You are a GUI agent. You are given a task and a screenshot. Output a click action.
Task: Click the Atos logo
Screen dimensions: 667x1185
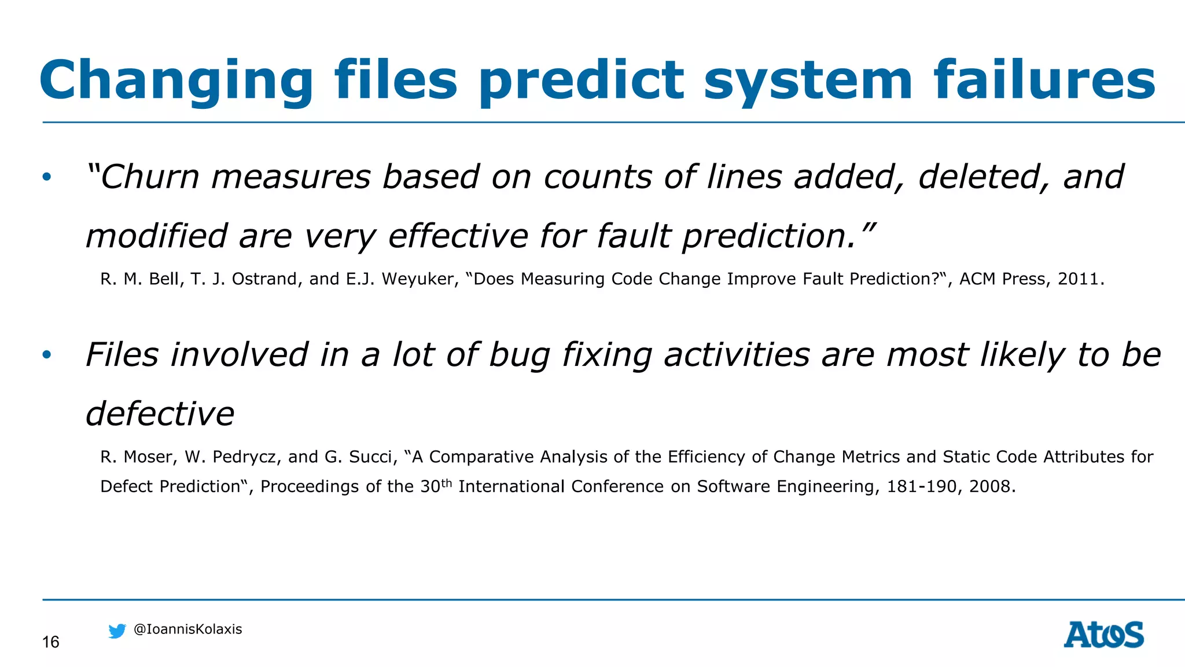tap(1103, 635)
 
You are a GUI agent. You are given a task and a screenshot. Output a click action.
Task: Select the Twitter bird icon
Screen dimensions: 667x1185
tap(117, 631)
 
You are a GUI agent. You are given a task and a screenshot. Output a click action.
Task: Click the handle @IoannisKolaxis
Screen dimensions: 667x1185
tap(187, 629)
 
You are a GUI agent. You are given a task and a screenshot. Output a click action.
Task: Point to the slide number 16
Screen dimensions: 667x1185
tap(51, 642)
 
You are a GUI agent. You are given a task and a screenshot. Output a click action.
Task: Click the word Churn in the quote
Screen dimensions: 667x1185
tap(149, 177)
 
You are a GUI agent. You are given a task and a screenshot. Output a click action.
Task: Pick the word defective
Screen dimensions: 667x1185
tap(160, 414)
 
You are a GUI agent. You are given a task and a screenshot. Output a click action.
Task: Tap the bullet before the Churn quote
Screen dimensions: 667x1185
tap(47, 177)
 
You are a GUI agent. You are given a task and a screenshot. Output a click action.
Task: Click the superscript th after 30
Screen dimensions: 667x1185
tap(446, 483)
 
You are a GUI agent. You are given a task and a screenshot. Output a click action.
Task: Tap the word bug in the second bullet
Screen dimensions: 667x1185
tap(519, 356)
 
